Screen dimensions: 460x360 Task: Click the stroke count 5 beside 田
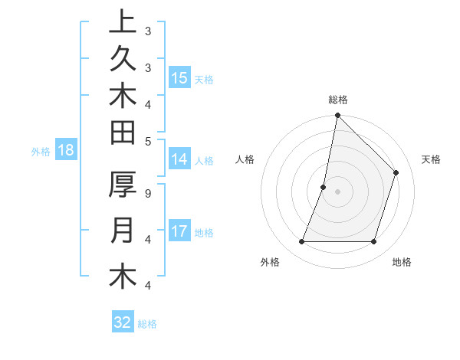(x=147, y=141)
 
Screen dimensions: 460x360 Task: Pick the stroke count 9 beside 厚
(x=147, y=193)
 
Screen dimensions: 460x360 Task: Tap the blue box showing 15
(x=179, y=77)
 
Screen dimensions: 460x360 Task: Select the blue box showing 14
(x=179, y=159)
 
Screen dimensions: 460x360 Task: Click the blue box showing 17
(x=179, y=231)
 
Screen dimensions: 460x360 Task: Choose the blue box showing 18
(x=66, y=150)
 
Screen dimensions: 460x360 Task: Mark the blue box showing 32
(x=123, y=322)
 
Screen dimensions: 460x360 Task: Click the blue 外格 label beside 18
(x=41, y=152)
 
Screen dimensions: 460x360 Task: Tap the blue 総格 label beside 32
(x=147, y=324)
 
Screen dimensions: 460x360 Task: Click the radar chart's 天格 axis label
(x=431, y=159)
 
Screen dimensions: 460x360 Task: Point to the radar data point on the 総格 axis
(x=337, y=115)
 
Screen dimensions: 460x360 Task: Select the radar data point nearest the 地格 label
(x=373, y=242)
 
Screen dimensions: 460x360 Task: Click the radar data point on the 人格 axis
(x=324, y=187)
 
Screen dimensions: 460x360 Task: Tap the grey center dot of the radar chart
(x=337, y=191)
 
